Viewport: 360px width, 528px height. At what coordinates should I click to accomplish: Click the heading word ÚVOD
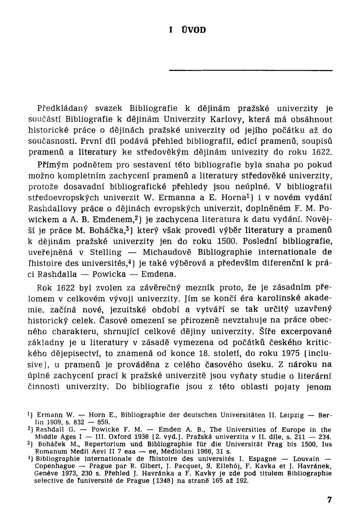coord(193,30)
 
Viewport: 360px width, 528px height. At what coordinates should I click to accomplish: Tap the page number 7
coord(329,499)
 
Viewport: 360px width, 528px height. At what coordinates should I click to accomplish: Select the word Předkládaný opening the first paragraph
coord(62,109)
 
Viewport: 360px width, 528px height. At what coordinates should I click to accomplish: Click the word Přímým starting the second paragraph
coord(53,165)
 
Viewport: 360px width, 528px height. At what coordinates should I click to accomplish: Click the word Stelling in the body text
coord(106,252)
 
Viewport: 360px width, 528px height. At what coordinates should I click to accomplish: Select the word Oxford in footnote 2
coord(119,436)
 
